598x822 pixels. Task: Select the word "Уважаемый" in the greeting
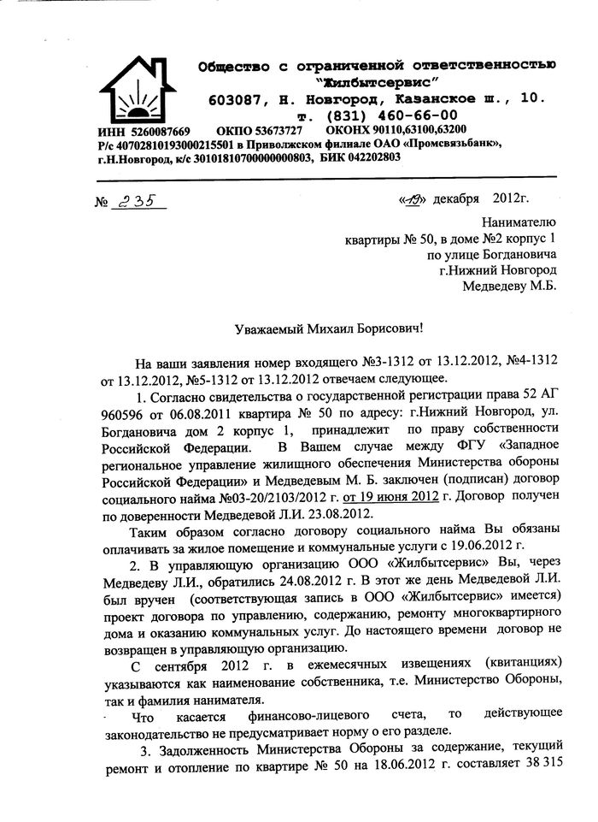click(272, 329)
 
